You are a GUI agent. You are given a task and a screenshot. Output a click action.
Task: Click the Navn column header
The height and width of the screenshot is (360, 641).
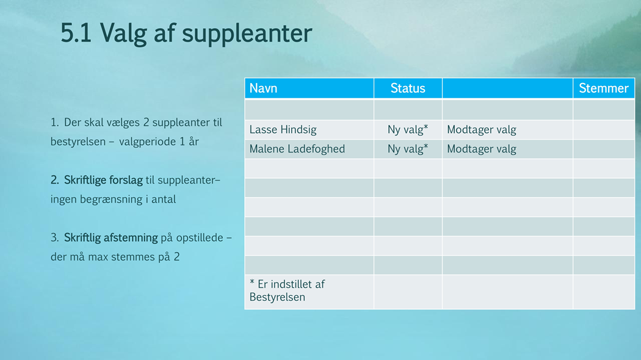[263, 88]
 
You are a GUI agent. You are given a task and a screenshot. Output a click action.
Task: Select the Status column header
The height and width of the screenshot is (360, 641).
[408, 88]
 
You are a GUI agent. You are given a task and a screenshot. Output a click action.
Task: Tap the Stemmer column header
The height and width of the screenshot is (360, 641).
[603, 88]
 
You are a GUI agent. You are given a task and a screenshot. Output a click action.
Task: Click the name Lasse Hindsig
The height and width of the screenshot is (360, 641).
[283, 129]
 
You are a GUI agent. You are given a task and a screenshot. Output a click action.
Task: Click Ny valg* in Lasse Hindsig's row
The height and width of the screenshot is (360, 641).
[408, 129]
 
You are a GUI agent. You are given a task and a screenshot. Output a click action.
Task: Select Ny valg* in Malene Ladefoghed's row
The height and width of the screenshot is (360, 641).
[408, 149]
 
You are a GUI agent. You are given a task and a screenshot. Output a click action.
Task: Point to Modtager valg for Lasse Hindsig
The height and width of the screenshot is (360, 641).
[482, 129]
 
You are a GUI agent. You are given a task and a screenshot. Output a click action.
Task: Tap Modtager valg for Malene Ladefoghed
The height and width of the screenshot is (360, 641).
[482, 149]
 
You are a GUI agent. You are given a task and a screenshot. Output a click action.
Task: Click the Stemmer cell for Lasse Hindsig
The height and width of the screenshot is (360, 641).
[604, 130]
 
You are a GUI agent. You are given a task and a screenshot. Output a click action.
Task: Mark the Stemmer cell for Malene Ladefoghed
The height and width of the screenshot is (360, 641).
[604, 149]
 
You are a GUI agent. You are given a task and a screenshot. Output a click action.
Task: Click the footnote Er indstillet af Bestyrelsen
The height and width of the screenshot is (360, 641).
[287, 290]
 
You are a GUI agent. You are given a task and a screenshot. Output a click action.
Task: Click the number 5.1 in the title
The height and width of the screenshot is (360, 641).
[76, 33]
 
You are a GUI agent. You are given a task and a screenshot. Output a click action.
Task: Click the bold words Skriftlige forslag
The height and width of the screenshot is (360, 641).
[103, 180]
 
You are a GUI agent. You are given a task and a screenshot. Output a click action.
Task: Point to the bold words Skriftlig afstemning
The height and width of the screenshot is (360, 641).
[110, 238]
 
